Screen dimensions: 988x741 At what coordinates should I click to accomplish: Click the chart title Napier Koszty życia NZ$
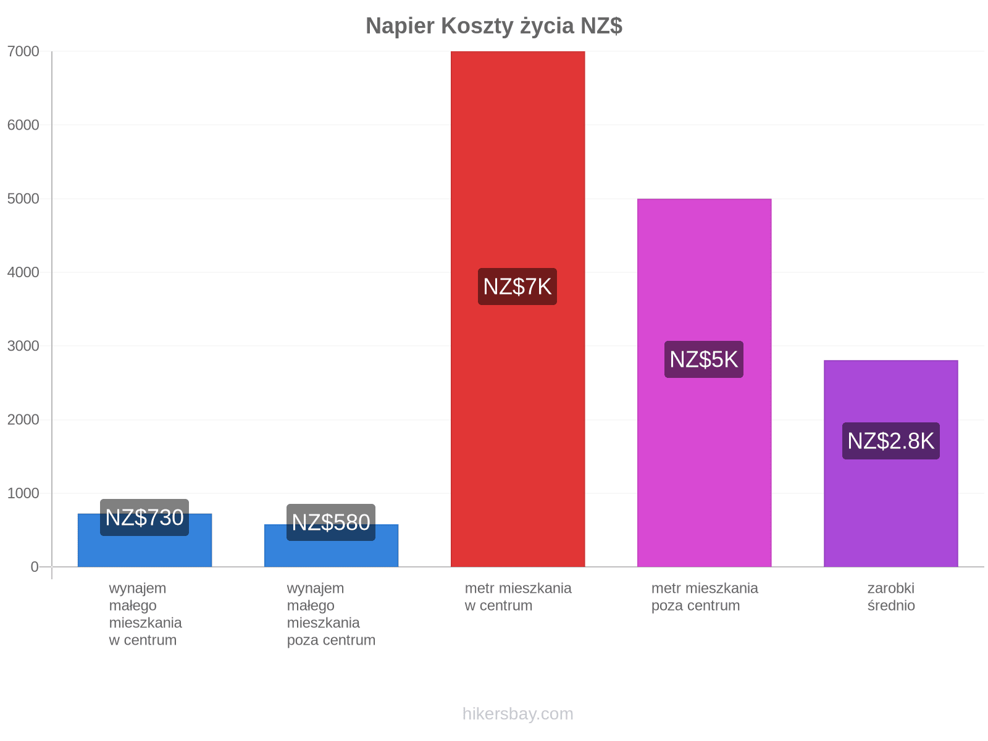pos(494,26)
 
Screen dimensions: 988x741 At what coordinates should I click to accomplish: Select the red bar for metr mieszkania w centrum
pos(517,309)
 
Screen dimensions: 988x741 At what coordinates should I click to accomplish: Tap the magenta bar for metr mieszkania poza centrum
pos(705,382)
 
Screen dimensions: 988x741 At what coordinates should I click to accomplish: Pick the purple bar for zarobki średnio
pos(891,463)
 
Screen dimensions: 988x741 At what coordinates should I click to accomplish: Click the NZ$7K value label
pos(517,287)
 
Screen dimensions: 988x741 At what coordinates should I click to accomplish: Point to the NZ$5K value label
pos(704,359)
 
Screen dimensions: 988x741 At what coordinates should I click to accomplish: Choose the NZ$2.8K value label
pos(891,441)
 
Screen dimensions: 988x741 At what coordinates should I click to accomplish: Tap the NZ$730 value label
pos(144,517)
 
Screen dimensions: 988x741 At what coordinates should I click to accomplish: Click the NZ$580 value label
pos(331,522)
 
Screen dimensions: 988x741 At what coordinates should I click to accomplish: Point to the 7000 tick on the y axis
pos(23,51)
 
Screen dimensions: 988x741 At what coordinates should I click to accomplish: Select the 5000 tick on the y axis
pos(23,198)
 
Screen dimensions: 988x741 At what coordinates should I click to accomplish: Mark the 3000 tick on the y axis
pos(23,346)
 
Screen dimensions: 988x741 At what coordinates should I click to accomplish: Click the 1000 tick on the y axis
pos(23,493)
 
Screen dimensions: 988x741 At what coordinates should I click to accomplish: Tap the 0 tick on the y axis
pos(35,567)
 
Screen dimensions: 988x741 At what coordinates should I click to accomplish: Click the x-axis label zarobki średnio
pos(891,597)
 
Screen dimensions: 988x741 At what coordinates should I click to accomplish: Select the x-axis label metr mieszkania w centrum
pos(518,597)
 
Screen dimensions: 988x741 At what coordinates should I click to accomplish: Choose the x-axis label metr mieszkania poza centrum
pos(705,597)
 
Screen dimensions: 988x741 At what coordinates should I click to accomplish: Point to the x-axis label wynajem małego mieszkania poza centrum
pos(331,614)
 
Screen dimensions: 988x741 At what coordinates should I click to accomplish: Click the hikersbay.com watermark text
pos(517,714)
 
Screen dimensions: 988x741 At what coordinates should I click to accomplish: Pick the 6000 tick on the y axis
pos(23,125)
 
